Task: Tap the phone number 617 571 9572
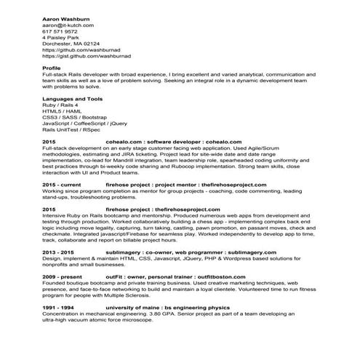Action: [60, 31]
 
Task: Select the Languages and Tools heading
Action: [72, 98]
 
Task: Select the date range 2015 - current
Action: [62, 186]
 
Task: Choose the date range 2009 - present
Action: [63, 278]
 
